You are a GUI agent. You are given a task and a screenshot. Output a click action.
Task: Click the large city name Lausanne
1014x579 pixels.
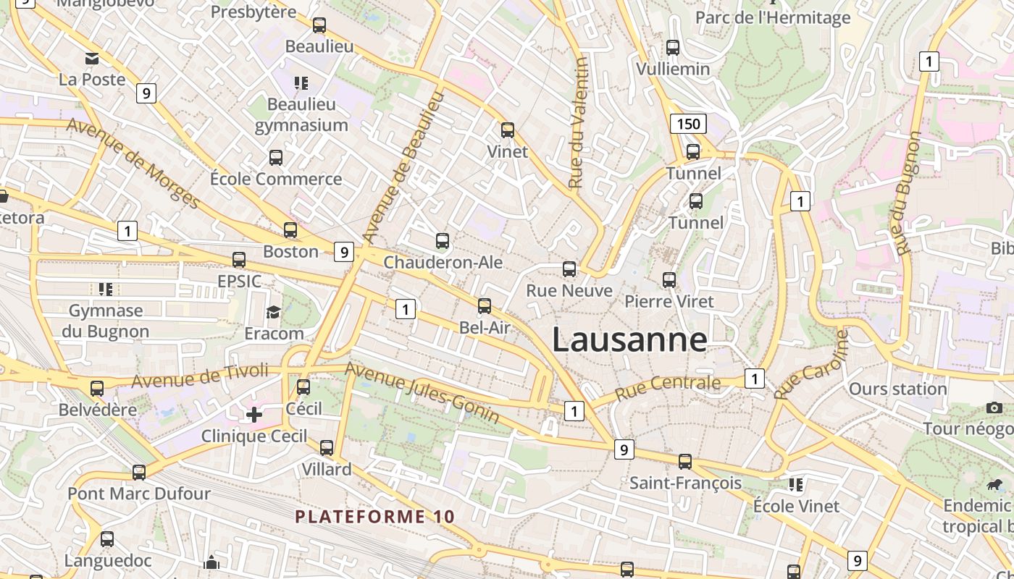[629, 339]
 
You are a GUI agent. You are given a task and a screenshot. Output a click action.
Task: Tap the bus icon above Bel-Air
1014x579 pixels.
[485, 306]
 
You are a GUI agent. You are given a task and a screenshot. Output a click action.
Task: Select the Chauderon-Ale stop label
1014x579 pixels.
[443, 262]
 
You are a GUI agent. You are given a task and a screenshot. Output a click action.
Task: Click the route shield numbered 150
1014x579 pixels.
[687, 124]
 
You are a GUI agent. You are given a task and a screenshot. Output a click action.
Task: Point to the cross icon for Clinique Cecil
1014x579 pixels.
[254, 415]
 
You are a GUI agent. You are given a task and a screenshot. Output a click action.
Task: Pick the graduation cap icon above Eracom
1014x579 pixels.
[273, 312]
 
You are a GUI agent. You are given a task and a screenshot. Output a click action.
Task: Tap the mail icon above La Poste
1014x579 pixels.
[92, 59]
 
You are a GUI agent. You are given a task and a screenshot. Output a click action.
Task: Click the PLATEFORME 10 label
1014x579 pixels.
[375, 517]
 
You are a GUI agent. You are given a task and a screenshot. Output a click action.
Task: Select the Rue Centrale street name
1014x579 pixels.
[667, 387]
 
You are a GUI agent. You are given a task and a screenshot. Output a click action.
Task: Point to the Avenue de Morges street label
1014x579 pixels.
[133, 163]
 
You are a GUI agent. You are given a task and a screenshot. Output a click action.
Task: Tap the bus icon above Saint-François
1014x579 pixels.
[684, 461]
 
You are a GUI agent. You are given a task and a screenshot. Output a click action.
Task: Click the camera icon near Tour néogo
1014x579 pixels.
[994, 408]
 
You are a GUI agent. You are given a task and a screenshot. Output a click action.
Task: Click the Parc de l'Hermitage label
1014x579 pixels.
[772, 17]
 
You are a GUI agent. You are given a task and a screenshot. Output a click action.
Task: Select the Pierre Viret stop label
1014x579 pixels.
[669, 301]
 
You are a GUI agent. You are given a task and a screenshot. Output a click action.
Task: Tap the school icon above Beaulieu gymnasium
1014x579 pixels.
[301, 83]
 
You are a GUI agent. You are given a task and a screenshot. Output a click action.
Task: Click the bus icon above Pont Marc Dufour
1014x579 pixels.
[139, 473]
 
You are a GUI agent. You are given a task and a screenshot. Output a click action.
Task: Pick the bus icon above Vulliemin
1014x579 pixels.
[673, 48]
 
